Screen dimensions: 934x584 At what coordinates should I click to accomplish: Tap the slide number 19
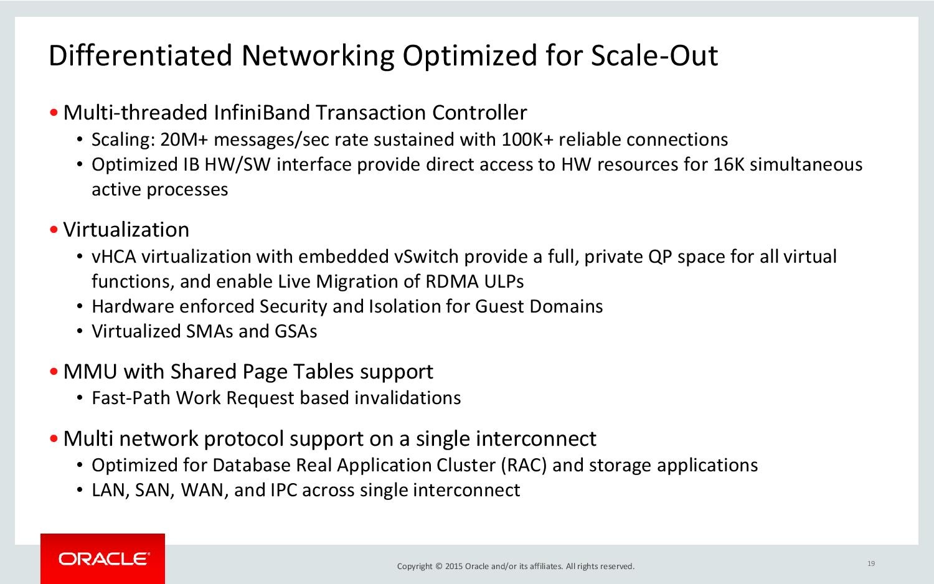click(871, 563)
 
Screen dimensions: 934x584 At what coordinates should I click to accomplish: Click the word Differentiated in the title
click(140, 55)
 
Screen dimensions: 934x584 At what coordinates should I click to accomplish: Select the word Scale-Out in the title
click(654, 55)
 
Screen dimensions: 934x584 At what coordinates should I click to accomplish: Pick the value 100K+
click(527, 139)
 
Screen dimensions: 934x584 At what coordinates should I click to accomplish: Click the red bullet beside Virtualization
click(54, 230)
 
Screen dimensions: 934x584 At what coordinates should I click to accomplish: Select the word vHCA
click(114, 257)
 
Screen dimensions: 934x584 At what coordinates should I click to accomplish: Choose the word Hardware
click(133, 307)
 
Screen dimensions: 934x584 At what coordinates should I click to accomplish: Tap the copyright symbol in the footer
click(438, 566)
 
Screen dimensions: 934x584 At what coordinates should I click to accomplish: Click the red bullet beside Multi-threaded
click(54, 113)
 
